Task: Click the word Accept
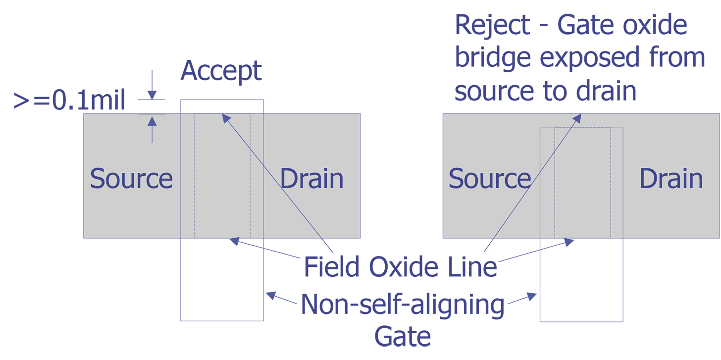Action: point(221,71)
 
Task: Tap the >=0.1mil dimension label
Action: point(69,100)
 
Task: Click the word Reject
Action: point(492,25)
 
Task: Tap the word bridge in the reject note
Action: point(493,58)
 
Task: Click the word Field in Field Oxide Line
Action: point(332,266)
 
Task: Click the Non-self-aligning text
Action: point(403,305)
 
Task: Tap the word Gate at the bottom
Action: point(403,337)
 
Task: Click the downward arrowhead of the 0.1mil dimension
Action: point(152,95)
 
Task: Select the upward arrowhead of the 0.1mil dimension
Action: point(152,121)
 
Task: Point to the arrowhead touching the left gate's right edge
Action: point(271,295)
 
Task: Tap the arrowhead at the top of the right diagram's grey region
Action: point(577,118)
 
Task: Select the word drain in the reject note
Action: point(606,92)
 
